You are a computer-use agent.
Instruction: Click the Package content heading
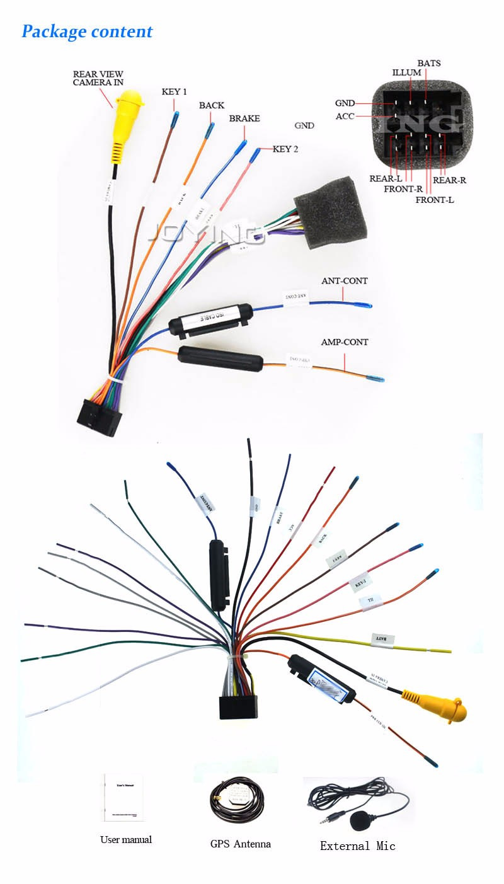click(x=87, y=32)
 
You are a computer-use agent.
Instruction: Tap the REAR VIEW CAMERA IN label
click(x=98, y=78)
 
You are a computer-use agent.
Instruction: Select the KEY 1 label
click(x=174, y=91)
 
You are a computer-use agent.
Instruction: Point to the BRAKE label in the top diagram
click(x=244, y=118)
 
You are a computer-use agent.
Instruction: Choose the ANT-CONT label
click(x=344, y=280)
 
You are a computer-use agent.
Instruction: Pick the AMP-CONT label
click(x=345, y=342)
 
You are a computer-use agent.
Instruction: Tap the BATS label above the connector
click(x=428, y=63)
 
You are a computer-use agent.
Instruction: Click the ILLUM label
click(x=406, y=72)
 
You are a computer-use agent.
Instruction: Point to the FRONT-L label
click(x=434, y=200)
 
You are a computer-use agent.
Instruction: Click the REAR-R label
click(x=449, y=180)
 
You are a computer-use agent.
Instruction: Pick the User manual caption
click(x=126, y=839)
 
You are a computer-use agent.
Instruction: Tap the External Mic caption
click(x=357, y=846)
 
